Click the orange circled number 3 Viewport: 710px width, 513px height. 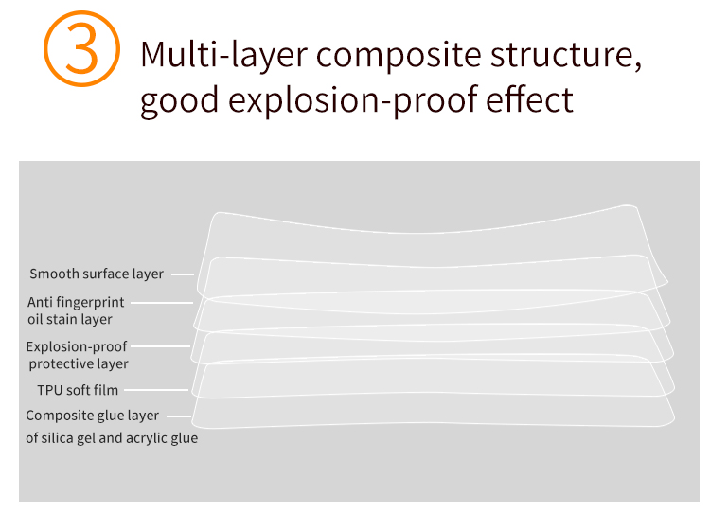click(82, 48)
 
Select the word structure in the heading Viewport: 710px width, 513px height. click(566, 55)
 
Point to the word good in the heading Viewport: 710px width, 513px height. click(180, 101)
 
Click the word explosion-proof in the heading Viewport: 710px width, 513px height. click(353, 101)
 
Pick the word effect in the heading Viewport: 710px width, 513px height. click(530, 98)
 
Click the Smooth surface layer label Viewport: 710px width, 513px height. click(97, 274)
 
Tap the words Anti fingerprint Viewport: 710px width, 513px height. click(76, 302)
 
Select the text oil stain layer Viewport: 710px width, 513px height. click(70, 319)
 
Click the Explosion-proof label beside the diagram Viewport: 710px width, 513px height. click(77, 346)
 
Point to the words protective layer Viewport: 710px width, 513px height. click(79, 363)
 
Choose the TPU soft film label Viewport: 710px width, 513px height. click(78, 390)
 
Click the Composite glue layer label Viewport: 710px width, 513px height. click(93, 416)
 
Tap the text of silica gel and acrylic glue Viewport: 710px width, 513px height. click(112, 438)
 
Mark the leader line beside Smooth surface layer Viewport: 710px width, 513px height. click(183, 274)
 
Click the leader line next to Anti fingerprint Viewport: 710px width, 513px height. click(162, 303)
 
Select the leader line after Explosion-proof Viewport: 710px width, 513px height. click(160, 346)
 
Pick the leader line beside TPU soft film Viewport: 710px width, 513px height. click(156, 389)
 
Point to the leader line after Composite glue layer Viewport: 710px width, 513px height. click(179, 416)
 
